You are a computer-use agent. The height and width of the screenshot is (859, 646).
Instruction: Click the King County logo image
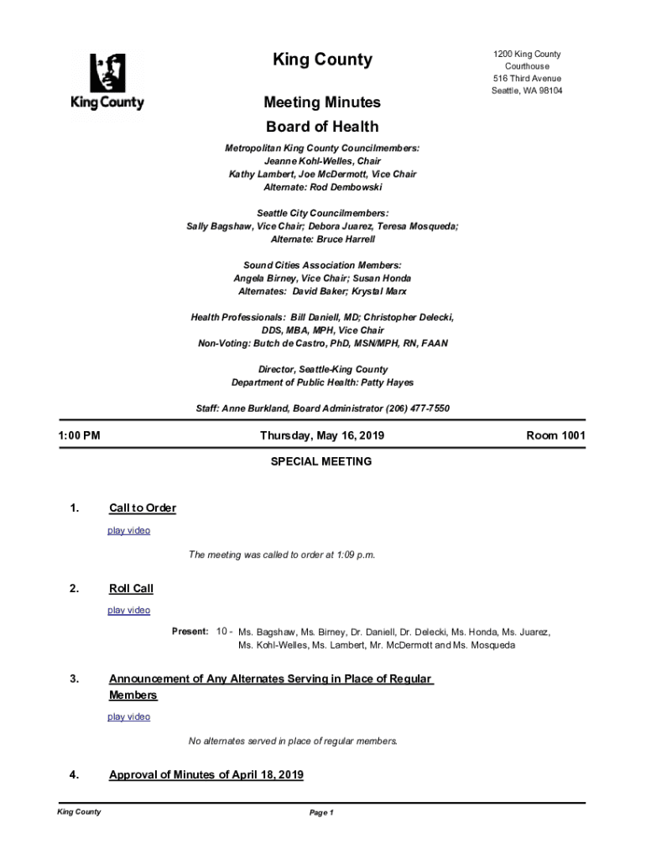107,81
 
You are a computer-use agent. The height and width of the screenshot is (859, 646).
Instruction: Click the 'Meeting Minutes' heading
322,102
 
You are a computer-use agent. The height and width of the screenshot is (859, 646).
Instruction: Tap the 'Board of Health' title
322,127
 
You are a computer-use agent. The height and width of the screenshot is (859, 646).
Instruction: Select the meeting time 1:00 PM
79,436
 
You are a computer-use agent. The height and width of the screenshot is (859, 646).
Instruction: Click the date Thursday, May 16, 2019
322,436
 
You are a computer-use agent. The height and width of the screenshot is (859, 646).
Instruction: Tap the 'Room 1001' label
555,436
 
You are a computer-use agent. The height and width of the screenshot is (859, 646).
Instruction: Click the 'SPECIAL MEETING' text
321,461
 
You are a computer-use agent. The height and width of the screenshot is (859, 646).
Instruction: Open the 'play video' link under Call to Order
129,531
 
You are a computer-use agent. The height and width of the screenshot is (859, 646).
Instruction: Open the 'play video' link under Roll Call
129,611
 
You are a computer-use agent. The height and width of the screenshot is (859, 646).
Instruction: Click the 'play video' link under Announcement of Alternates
129,717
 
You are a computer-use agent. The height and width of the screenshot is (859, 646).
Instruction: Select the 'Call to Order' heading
143,508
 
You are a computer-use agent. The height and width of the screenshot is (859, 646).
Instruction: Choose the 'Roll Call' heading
131,588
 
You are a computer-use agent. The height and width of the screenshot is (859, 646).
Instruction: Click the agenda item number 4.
75,774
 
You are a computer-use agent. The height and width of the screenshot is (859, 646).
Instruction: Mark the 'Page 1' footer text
322,813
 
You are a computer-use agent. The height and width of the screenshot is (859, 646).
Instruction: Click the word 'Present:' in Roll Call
190,631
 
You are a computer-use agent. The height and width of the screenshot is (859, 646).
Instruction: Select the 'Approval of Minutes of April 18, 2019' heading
206,774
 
